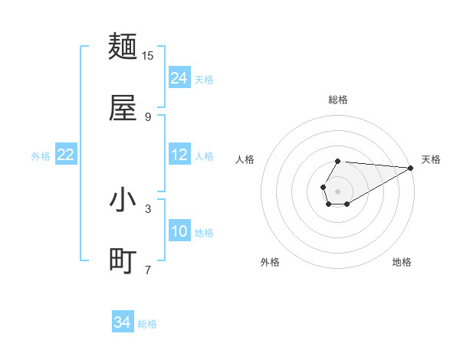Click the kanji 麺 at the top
click(123, 47)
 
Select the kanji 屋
click(123, 108)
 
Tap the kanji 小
click(123, 200)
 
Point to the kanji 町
click(123, 261)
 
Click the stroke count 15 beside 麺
click(148, 56)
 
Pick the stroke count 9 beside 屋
click(148, 116)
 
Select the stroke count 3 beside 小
click(148, 208)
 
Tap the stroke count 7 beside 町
click(148, 270)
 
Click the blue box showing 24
click(179, 78)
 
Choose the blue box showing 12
click(179, 155)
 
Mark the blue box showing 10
click(179, 231)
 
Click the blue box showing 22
click(66, 155)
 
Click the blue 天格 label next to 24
click(204, 80)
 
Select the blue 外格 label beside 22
click(41, 156)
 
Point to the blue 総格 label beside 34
click(147, 324)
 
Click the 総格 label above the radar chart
click(338, 100)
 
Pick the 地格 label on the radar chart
click(402, 262)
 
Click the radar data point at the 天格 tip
click(411, 168)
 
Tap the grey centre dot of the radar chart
click(337, 190)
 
